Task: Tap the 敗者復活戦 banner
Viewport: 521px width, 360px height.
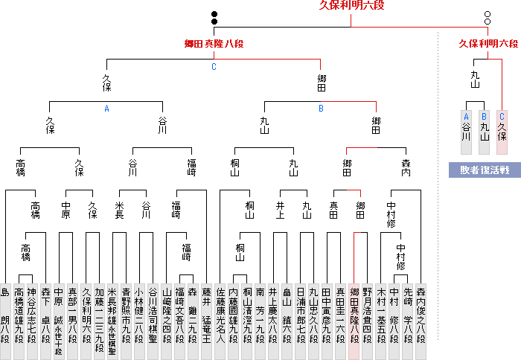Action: tap(484, 170)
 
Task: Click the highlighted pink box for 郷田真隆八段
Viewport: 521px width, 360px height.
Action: tap(355, 313)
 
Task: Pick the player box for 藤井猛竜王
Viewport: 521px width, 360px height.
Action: tap(206, 313)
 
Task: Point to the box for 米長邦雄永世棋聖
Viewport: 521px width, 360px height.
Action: tap(112, 313)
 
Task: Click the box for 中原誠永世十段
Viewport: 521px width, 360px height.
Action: tap(59, 313)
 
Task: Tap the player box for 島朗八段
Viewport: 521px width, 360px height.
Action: tap(5, 313)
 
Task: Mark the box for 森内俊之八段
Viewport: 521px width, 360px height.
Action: tap(422, 313)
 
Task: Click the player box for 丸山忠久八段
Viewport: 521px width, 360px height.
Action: tap(314, 313)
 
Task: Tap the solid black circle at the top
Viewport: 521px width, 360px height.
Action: tap(214, 14)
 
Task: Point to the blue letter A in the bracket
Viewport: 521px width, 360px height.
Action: tap(106, 109)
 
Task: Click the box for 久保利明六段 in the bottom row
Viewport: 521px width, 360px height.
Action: tap(86, 313)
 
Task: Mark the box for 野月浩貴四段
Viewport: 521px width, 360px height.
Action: tap(368, 313)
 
